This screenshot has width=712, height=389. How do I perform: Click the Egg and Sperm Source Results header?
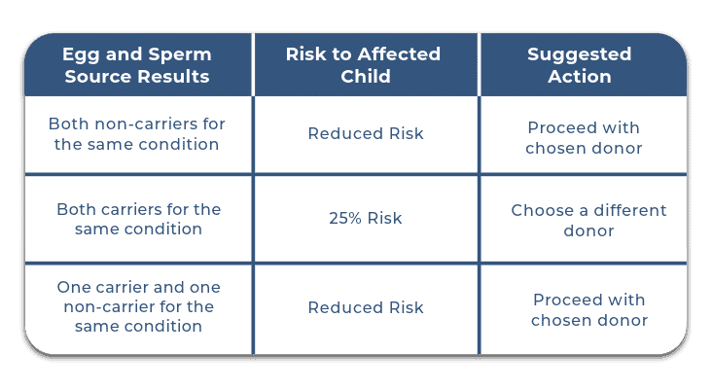tap(136, 64)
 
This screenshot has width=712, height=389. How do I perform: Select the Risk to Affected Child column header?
tap(366, 64)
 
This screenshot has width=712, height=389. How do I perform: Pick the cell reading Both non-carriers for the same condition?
tap(136, 134)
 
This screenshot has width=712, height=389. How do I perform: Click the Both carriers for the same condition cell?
tap(136, 219)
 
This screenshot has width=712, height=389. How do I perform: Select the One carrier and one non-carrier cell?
tap(136, 306)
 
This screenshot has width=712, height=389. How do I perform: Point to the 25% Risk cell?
tap(366, 219)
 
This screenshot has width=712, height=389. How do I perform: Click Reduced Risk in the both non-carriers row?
tap(366, 134)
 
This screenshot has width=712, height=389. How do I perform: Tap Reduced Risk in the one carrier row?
tap(366, 307)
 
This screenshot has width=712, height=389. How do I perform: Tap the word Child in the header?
tap(366, 76)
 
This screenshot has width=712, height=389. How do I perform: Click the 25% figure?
tap(343, 219)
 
